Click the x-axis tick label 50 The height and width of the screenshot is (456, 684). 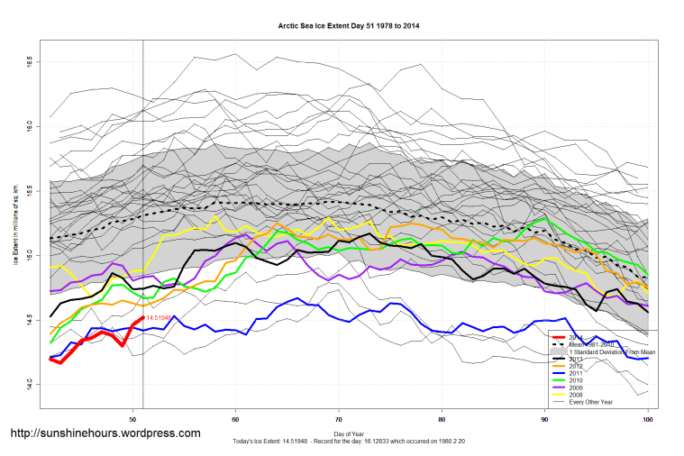pyautogui.click(x=132, y=419)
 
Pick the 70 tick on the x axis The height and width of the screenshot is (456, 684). pyautogui.click(x=338, y=419)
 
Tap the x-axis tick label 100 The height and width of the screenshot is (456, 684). pyautogui.click(x=647, y=419)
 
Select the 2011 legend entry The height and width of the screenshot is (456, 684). pyautogui.click(x=578, y=373)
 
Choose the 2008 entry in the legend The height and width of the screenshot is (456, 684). pyautogui.click(x=578, y=394)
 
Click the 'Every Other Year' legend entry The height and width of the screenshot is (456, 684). pyautogui.click(x=591, y=401)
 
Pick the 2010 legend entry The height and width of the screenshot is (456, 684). pyautogui.click(x=578, y=380)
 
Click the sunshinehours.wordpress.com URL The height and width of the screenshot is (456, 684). pyautogui.click(x=105, y=433)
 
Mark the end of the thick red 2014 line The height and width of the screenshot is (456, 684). pyautogui.click(x=143, y=317)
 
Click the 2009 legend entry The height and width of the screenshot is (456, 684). pyautogui.click(x=578, y=388)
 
